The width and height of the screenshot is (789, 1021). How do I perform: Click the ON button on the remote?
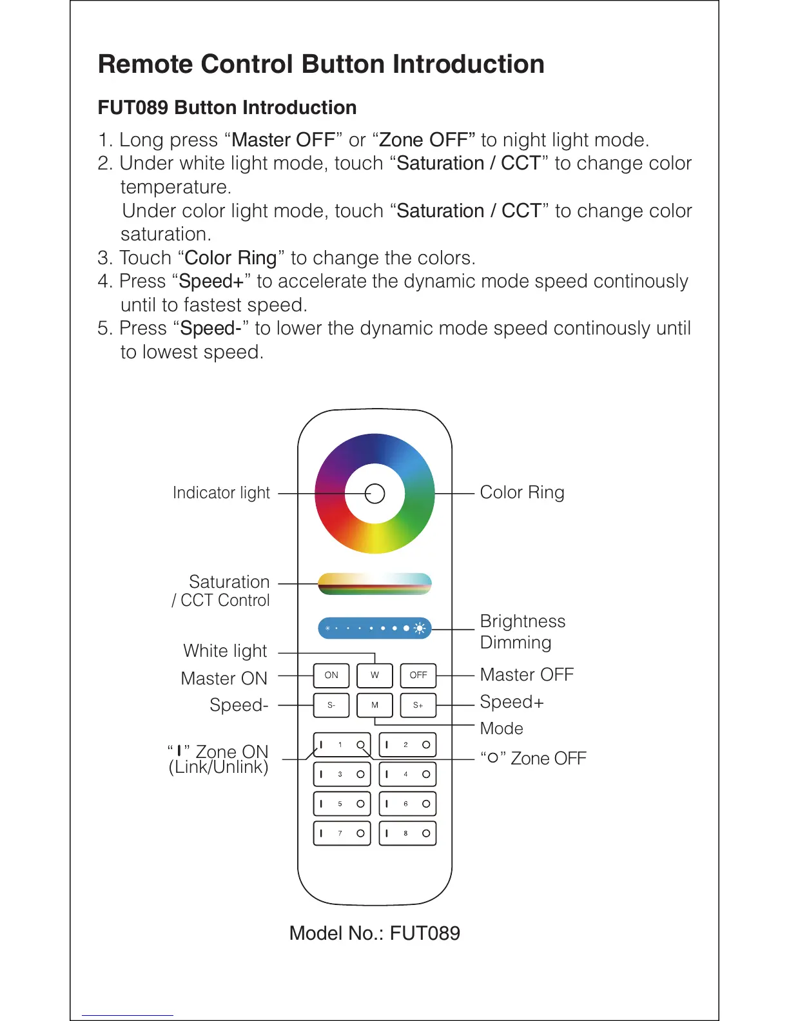click(x=331, y=676)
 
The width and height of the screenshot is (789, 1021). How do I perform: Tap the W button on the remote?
click(x=375, y=676)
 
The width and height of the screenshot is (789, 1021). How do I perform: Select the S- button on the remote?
click(x=331, y=705)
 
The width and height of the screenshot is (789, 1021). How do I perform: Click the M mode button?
click(x=375, y=705)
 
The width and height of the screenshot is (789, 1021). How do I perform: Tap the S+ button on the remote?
click(x=418, y=705)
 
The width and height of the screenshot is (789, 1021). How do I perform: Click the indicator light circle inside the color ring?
click(x=375, y=494)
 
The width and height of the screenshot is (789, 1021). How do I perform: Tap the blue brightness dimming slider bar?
click(x=375, y=628)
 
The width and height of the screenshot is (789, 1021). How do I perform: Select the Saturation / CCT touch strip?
click(x=375, y=583)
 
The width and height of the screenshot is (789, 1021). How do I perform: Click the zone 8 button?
click(x=407, y=833)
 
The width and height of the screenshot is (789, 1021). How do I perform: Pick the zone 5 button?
click(x=342, y=804)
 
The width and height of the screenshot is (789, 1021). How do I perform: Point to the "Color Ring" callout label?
click(x=522, y=492)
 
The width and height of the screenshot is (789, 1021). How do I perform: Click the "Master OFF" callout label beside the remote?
click(x=527, y=675)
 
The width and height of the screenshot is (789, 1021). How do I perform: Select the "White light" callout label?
click(x=225, y=651)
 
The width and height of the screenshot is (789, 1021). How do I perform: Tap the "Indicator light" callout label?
click(x=221, y=493)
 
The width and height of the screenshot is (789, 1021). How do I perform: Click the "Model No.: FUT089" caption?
click(x=375, y=933)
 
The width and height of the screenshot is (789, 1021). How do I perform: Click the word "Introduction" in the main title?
click(x=469, y=64)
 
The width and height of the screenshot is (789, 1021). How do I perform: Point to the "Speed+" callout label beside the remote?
click(x=512, y=702)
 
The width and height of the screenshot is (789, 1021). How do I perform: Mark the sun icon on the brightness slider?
click(x=420, y=628)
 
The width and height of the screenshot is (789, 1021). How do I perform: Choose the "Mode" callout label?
click(x=502, y=729)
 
